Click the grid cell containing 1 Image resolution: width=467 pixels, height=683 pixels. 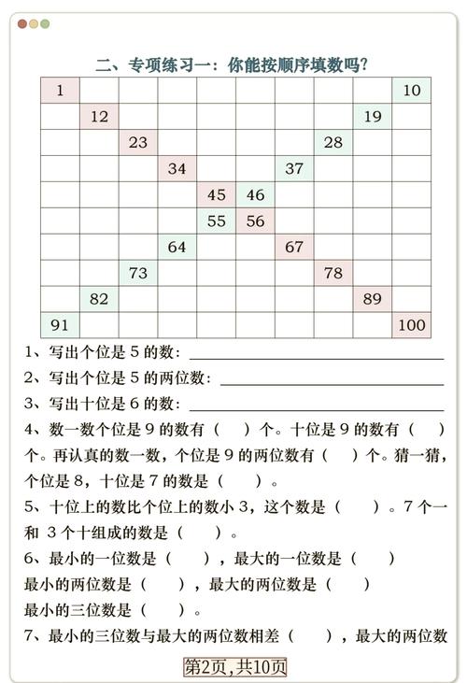click(x=60, y=91)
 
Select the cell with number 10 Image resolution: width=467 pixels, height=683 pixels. click(x=412, y=91)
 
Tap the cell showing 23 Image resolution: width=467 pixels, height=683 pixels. click(x=138, y=143)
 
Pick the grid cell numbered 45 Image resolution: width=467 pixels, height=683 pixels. click(x=217, y=195)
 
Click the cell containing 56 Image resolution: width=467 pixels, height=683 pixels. click(x=256, y=221)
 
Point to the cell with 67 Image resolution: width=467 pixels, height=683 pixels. click(x=295, y=247)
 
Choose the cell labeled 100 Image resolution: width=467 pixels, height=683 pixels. click(x=412, y=325)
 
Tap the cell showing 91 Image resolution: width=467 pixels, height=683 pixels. click(x=60, y=325)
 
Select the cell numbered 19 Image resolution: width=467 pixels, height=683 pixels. click(x=373, y=117)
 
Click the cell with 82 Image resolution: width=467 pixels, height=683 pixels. click(x=99, y=299)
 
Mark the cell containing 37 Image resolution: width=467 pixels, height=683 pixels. click(x=295, y=169)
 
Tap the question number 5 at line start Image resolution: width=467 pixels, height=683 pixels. click(x=31, y=507)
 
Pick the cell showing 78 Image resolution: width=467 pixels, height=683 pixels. click(x=333, y=273)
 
